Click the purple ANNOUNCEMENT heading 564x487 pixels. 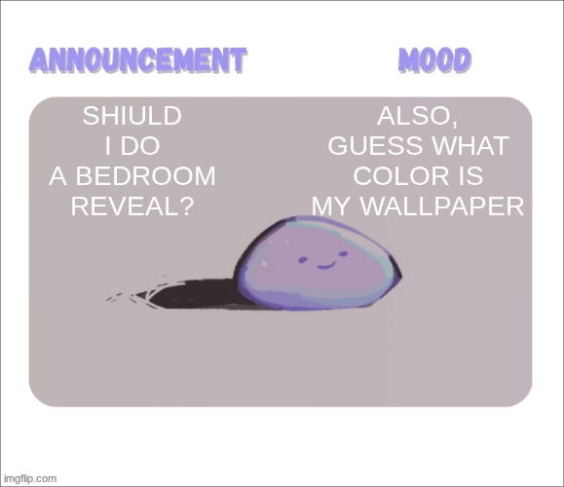[x=137, y=60]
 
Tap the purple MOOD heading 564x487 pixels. [x=434, y=60]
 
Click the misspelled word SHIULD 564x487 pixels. [x=132, y=117]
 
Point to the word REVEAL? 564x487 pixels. [x=132, y=206]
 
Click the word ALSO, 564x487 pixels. [x=418, y=117]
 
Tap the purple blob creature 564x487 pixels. [x=318, y=263]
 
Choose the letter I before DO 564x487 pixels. [x=108, y=147]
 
